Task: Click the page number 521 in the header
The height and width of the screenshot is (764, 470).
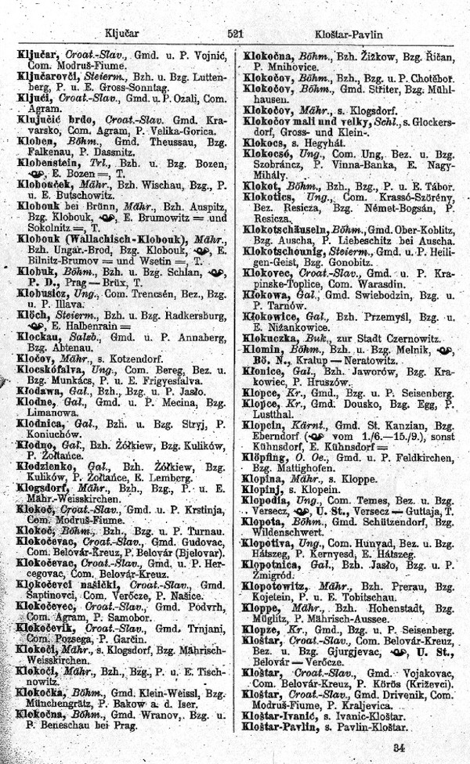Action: pos(235,34)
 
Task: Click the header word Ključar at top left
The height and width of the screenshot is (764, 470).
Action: pos(121,34)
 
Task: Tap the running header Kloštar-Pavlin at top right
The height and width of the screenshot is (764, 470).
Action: pos(350,34)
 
